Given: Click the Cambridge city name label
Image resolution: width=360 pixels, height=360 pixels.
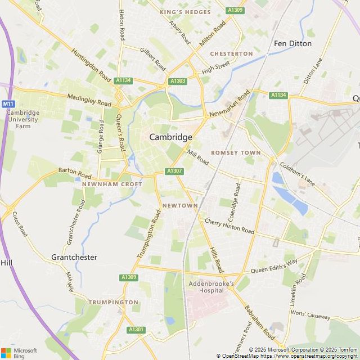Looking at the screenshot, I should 170,137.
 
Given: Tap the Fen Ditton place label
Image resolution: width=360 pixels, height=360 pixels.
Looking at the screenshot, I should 292,43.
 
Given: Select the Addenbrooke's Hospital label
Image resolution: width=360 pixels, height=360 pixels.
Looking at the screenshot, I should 211,287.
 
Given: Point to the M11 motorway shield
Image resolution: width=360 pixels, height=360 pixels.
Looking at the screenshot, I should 7,104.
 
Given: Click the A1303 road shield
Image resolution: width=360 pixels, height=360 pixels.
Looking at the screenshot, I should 178,81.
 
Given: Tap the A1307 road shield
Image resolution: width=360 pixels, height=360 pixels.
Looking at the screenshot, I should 174,171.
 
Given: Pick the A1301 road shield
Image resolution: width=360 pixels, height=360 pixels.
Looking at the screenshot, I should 136,330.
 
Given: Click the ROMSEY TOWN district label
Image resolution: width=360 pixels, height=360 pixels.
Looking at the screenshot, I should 236,152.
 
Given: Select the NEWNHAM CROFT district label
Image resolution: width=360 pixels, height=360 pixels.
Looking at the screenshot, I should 112,184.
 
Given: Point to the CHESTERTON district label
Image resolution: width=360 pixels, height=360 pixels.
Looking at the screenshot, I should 231,53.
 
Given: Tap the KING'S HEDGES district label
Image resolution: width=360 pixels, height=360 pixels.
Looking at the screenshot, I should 185,12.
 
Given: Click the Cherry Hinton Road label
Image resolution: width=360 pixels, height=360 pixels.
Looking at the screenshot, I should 229,226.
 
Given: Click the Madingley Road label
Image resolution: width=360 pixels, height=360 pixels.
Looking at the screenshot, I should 89,100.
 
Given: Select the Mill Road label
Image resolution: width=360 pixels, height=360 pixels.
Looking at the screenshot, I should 198,157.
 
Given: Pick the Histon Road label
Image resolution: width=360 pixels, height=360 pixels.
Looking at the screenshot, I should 121,25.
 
